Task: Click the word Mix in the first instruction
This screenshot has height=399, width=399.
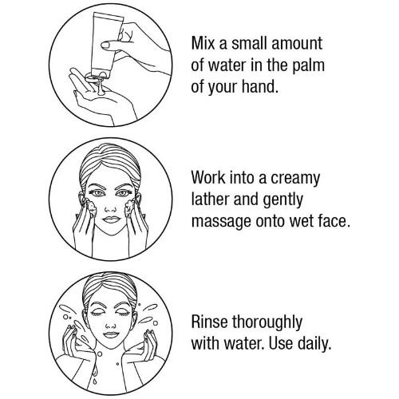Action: [203, 43]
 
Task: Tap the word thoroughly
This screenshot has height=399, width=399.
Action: [267, 322]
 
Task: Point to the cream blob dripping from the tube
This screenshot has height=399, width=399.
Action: [99, 85]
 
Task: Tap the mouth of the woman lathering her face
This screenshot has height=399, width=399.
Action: [112, 219]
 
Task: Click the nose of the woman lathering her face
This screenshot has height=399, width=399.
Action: [110, 210]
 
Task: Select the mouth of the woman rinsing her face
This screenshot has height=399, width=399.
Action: [111, 334]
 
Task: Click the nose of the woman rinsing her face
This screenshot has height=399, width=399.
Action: [110, 326]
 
